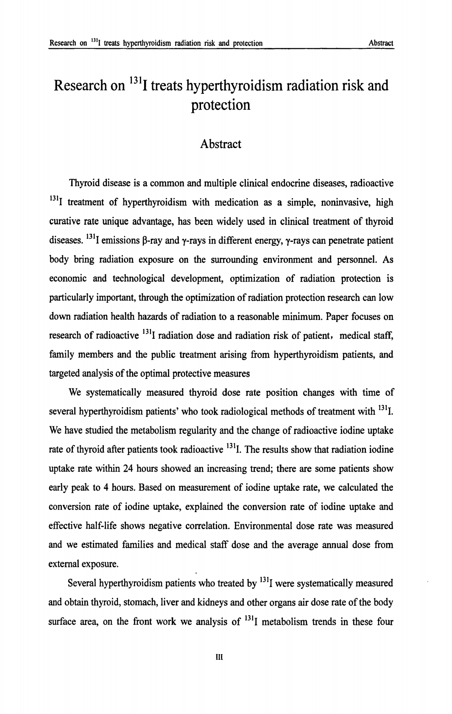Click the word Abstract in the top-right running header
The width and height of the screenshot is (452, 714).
point(381,43)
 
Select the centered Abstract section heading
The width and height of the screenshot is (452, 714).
point(220,144)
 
